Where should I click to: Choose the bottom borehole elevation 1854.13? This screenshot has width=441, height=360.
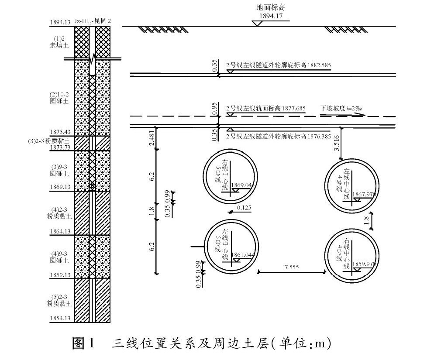61,319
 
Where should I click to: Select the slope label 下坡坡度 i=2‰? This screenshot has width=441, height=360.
342,108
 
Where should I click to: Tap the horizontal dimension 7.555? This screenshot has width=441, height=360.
291,267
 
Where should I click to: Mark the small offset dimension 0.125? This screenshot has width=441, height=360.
244,208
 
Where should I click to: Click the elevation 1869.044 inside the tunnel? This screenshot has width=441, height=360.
244,185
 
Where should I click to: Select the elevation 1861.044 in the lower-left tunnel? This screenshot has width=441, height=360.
243,254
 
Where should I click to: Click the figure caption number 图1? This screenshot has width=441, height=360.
83,343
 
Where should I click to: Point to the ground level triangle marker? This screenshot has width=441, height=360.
257,23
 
